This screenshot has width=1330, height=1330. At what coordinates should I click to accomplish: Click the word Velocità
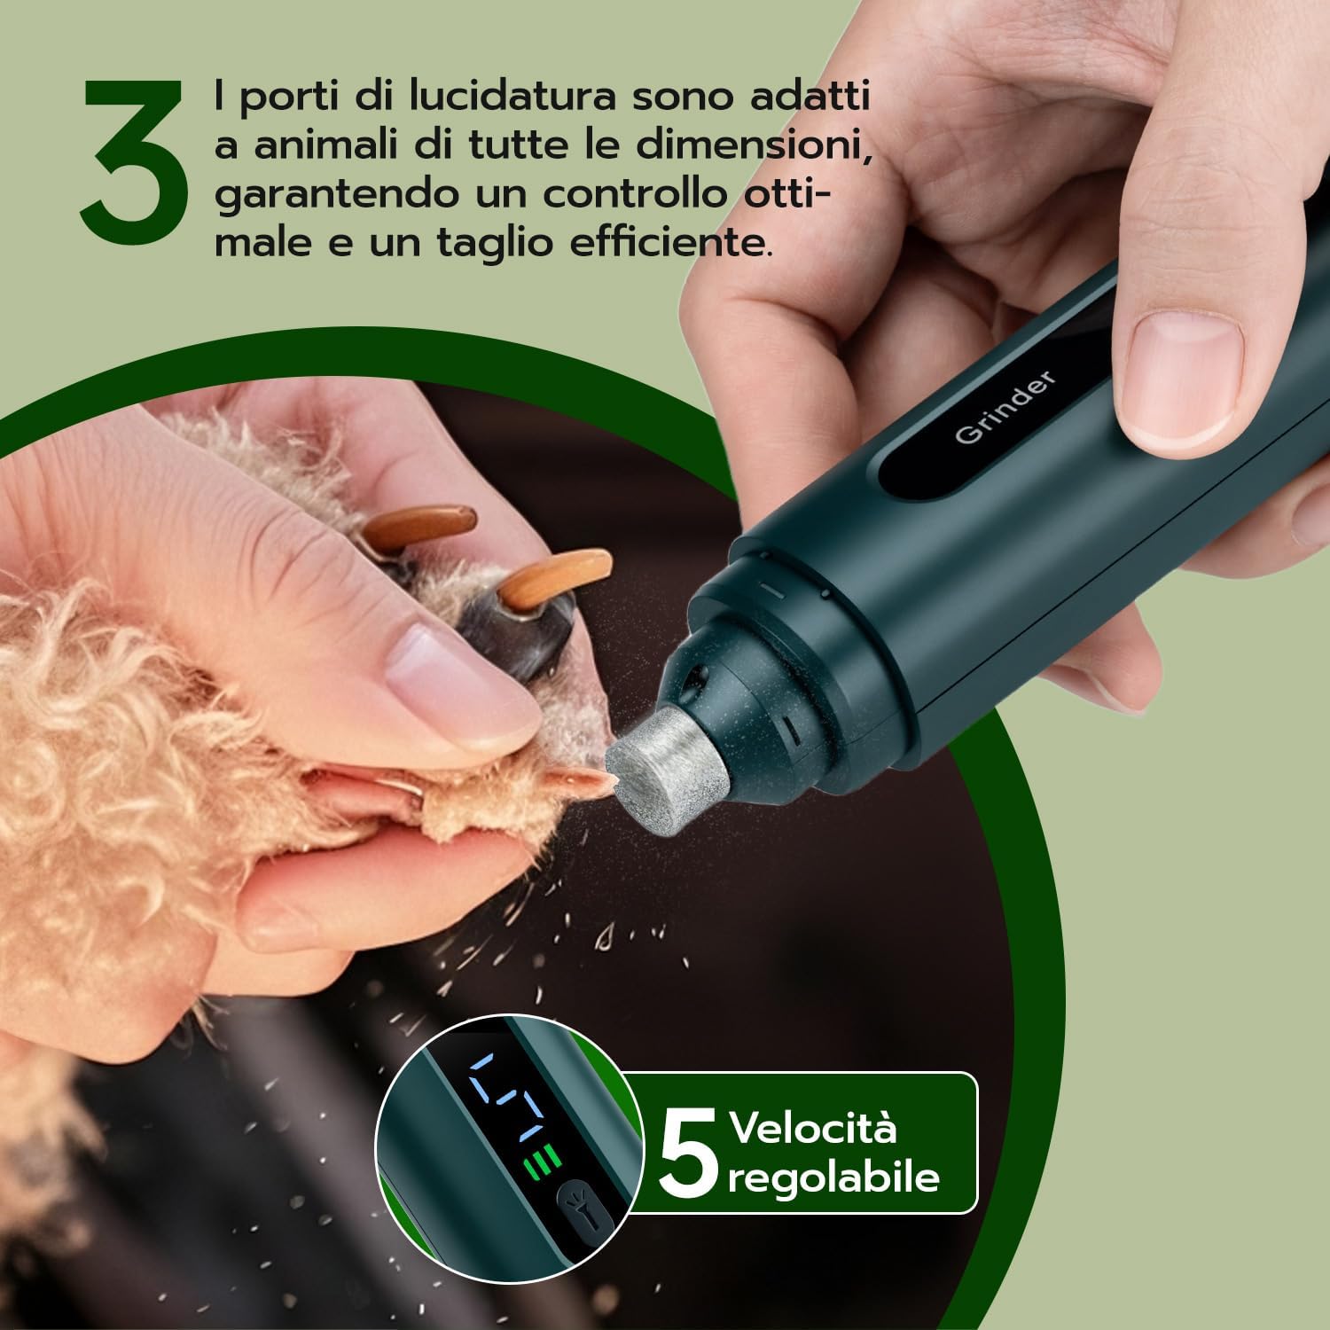pos(813,1129)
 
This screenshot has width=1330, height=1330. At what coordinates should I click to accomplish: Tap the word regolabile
pos(833,1177)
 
